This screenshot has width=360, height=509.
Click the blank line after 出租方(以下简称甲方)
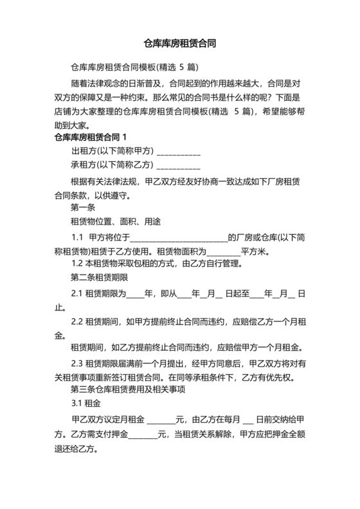tap(179, 152)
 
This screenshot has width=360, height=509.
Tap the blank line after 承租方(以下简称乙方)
tap(179, 166)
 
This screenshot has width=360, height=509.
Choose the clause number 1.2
tap(77, 263)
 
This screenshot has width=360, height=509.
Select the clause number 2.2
tap(77, 321)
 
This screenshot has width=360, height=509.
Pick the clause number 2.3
tap(77, 363)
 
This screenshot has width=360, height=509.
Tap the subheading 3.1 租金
tap(85, 404)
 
